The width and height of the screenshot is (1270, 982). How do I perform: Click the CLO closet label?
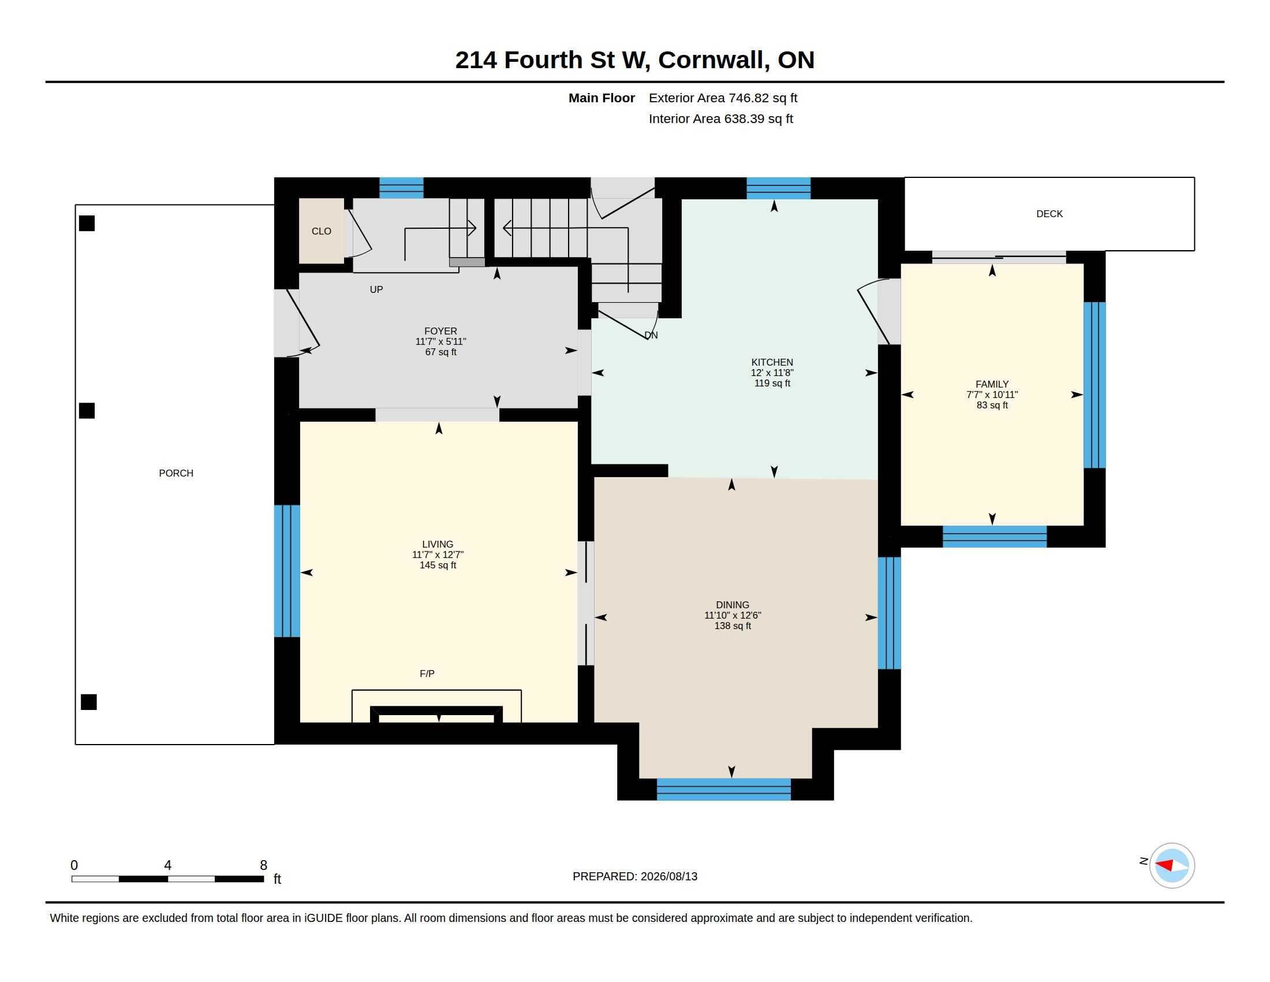click(x=321, y=232)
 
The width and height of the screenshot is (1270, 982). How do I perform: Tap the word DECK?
click(x=1049, y=214)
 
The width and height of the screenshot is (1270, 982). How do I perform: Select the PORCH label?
click(x=176, y=474)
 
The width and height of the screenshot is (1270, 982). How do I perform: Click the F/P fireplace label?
click(x=427, y=674)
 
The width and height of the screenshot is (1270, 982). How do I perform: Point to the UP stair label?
click(x=376, y=290)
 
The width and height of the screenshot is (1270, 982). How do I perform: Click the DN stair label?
click(x=651, y=335)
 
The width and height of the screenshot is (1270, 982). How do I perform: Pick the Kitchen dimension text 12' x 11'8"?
click(x=772, y=373)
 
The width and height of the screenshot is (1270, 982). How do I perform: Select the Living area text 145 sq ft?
click(x=438, y=566)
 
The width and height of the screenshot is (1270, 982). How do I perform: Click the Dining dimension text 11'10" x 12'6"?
click(x=733, y=616)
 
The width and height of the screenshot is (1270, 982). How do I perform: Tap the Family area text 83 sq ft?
click(x=992, y=406)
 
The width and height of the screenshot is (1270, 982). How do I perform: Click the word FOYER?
click(x=441, y=331)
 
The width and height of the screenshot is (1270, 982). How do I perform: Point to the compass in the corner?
click(x=1172, y=866)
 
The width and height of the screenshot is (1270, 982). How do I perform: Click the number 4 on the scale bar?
click(x=167, y=865)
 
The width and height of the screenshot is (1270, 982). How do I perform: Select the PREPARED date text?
click(x=635, y=877)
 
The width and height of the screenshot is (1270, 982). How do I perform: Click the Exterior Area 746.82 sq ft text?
click(x=723, y=98)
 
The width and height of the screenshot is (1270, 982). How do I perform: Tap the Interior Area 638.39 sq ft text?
click(x=720, y=119)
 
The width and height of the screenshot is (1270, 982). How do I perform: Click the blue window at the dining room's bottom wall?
click(x=723, y=790)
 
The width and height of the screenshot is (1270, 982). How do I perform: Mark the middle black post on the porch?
click(x=87, y=411)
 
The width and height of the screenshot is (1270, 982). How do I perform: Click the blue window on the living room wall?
click(x=287, y=571)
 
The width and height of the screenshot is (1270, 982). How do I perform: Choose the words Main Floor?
click(x=602, y=98)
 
